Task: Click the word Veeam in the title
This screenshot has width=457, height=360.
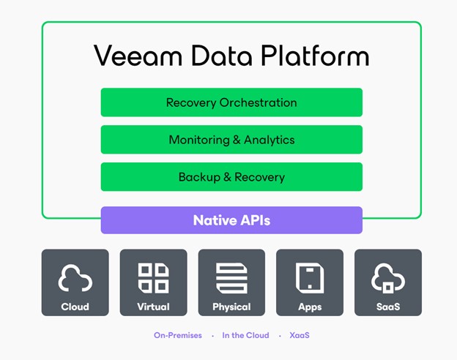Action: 138,56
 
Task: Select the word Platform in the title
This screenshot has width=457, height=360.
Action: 315,55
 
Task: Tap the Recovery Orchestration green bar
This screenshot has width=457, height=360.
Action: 231,102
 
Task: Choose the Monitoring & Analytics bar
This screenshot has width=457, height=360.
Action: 231,140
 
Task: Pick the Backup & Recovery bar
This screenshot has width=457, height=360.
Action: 231,177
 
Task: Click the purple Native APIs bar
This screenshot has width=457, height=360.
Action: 231,220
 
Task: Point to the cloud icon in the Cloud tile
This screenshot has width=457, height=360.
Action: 75,278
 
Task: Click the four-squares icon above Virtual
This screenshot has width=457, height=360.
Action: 153,278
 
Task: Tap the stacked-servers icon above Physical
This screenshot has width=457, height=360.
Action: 231,278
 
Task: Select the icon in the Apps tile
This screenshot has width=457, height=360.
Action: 310,278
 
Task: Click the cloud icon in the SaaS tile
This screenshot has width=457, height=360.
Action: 388,278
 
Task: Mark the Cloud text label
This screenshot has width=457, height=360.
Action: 75,307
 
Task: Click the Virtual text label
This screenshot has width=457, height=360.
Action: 153,307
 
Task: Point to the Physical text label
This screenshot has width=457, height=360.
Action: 231,307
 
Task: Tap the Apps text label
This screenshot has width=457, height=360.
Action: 310,307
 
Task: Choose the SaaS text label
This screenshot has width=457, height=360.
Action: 388,307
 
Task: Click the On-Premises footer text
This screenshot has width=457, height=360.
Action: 178,335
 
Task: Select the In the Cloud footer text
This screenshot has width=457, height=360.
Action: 245,335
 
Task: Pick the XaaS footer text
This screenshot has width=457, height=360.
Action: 300,335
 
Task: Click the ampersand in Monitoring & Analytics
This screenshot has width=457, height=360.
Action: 237,140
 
